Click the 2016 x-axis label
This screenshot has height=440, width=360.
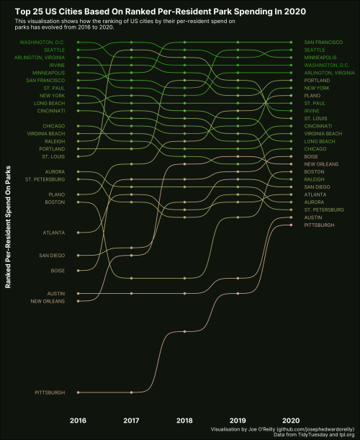pos(78,419)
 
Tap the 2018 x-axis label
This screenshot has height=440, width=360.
pos(184,419)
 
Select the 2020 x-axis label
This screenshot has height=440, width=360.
pos(291,419)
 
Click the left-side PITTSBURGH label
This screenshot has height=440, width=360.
pos(50,392)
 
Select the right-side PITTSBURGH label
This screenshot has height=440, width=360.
pos(319,225)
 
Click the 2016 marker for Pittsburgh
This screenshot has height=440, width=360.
pos(78,392)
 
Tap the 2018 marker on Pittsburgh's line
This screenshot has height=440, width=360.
pos(185,331)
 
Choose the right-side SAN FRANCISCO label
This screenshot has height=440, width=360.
pos(323,42)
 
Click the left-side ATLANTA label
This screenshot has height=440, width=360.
pos(54,233)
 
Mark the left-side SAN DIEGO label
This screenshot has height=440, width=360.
pos(52,256)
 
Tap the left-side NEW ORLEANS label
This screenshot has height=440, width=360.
pos(48,301)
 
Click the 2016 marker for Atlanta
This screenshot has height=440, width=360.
pos(78,233)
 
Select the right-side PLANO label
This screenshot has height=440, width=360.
pos(312,96)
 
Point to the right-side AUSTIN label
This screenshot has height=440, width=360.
pos(313,217)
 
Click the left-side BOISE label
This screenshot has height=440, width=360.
pos(58,271)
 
